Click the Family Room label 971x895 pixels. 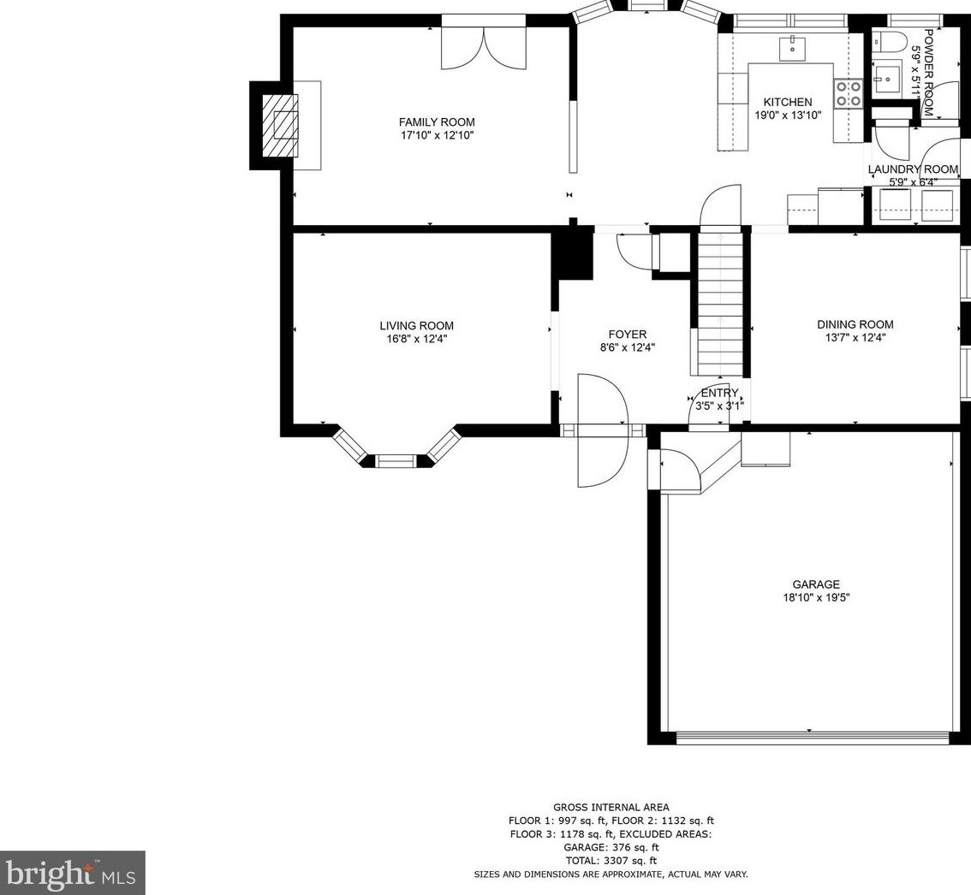tap(437, 122)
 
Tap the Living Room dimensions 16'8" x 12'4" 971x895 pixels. tap(417, 339)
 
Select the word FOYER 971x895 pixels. tap(628, 335)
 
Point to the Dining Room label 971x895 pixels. tap(855, 324)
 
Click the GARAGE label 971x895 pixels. tap(816, 584)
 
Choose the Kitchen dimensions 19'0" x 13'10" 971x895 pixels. tap(788, 116)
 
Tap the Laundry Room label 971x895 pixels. tap(913, 169)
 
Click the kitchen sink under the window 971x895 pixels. tap(793, 48)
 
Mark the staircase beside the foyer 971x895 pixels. tap(720, 302)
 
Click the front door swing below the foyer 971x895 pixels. tap(603, 430)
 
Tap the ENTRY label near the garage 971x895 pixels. tap(719, 393)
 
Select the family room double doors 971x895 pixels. tap(484, 48)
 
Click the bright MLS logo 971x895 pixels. tap(72, 873)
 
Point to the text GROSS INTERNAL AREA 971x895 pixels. tap(611, 807)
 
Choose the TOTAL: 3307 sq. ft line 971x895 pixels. tap(611, 861)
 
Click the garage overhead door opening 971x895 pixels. tap(813, 738)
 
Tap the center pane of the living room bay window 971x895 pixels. tap(396, 460)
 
